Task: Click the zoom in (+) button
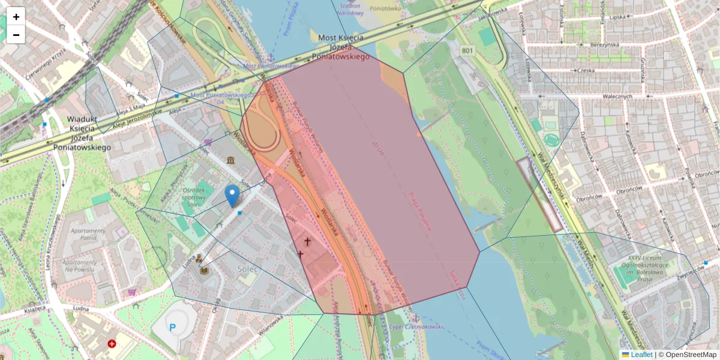coord(16,17)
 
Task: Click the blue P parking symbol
coord(173,328)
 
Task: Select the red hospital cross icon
coord(112,344)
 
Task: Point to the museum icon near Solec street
coord(231,160)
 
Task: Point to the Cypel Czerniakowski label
coord(416,326)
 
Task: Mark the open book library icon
coord(204,271)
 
